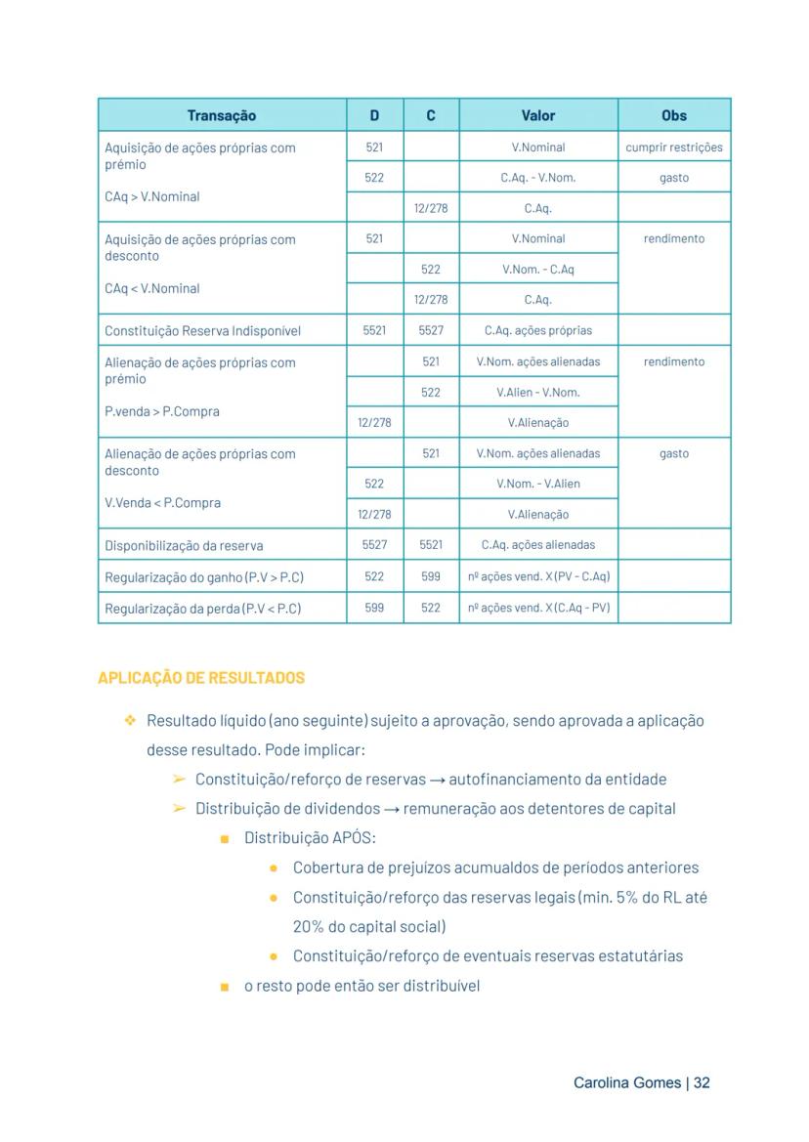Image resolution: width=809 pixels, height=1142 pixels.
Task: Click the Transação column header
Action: coord(222,115)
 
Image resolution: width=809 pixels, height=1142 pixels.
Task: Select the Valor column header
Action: coord(538,115)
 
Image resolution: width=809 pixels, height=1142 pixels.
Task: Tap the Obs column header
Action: coord(674,115)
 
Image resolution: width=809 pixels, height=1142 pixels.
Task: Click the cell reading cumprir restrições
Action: coord(674,148)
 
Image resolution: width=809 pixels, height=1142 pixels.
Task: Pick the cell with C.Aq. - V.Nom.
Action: coord(538,178)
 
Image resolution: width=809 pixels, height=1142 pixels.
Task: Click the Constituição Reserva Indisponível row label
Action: coord(202,331)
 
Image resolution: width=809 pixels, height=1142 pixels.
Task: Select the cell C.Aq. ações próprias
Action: coord(538,331)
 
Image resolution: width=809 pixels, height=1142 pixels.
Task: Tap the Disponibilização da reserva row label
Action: coord(184,546)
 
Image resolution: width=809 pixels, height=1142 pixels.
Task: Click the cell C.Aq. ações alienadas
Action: coord(538,545)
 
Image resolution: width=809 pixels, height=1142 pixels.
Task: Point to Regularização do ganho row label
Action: coord(204,577)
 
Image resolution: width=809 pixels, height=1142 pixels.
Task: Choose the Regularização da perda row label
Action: coord(202,609)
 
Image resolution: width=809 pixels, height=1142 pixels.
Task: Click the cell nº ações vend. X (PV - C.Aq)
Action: coord(538,576)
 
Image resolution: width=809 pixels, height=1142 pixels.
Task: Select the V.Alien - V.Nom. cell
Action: coord(538,393)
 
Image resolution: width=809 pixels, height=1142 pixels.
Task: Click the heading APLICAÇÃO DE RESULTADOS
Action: coord(201,678)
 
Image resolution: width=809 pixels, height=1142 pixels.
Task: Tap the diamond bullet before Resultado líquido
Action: coord(129,721)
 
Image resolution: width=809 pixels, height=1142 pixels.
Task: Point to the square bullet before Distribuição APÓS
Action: coord(225,839)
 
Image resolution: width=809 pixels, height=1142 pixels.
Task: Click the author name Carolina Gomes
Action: coord(627,1083)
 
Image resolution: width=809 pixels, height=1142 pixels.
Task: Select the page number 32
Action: coord(702,1083)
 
